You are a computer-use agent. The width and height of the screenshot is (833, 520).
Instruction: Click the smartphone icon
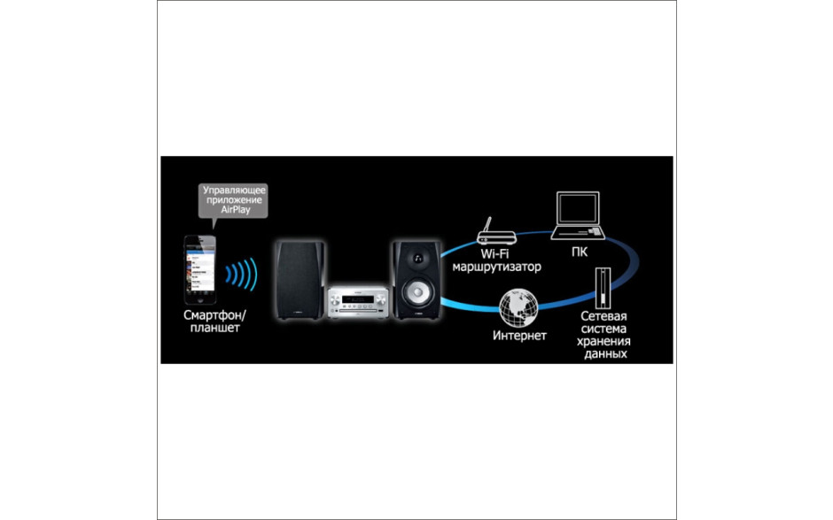[x=199, y=270]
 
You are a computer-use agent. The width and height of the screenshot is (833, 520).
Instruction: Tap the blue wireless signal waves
[x=242, y=274]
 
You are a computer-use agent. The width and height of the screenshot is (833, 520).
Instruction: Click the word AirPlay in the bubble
[x=236, y=210]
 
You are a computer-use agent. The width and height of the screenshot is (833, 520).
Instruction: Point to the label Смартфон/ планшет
[x=214, y=322]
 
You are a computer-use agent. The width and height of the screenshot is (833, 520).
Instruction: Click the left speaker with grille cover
[x=300, y=280]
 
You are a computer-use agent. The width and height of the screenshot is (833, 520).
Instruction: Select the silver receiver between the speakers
[x=357, y=302]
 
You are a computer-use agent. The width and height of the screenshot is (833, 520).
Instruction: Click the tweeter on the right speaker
[x=418, y=259]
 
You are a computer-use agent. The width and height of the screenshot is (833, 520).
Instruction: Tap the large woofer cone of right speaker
[x=417, y=292]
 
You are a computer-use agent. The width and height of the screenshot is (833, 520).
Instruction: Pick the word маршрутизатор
[x=496, y=267]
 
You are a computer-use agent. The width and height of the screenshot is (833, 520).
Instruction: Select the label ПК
[x=580, y=252]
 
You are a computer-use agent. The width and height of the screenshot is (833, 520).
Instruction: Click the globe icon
[x=518, y=308]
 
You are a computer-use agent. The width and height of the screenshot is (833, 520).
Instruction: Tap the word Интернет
[x=519, y=336]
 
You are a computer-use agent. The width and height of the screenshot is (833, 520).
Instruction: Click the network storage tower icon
[x=603, y=288]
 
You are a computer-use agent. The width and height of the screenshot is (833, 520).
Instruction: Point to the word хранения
[x=603, y=342]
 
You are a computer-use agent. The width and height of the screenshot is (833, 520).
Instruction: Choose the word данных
[x=605, y=353]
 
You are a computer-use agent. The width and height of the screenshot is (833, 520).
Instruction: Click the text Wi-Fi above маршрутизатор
[x=494, y=254]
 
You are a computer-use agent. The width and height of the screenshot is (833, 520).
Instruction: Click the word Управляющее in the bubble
[x=234, y=190]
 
